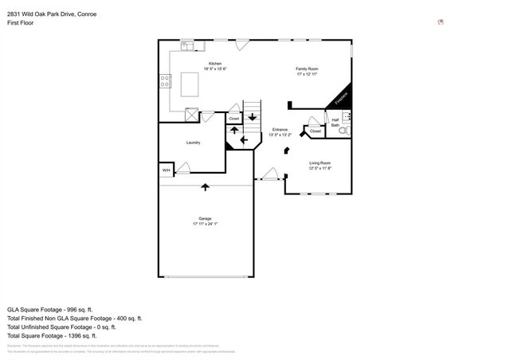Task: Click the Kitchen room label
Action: coord(214,64)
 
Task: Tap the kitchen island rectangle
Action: coord(190,84)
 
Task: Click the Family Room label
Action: coord(307,68)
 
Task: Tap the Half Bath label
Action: coord(335,123)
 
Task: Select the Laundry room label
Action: coord(193,143)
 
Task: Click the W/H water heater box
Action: coord(166,170)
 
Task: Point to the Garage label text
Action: coord(205,218)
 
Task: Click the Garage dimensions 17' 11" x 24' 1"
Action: coord(205,224)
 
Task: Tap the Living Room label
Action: coord(320,162)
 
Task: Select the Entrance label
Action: coord(280,130)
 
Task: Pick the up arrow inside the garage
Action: coord(206,186)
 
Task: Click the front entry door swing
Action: coord(270,173)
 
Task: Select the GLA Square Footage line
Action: coord(50,309)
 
